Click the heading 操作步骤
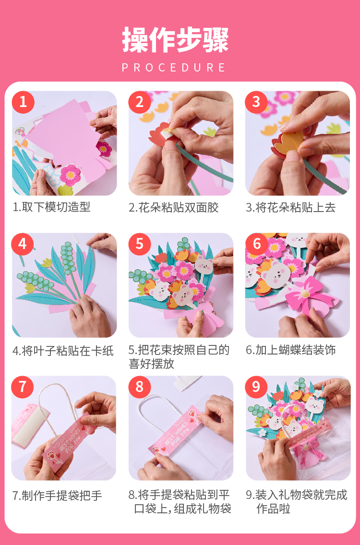[175, 40]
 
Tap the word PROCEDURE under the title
[174, 68]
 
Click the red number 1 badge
[23, 102]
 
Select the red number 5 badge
[140, 244]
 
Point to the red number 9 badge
[256, 387]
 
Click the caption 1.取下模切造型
[51, 207]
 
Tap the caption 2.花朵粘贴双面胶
[174, 208]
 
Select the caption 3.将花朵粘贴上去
[291, 208]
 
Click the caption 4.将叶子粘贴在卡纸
[63, 351]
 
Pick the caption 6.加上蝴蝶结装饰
[291, 350]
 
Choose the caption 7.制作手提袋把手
[58, 496]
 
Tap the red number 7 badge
[23, 387]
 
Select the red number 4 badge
[23, 244]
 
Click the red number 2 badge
[140, 102]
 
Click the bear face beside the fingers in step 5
[204, 265]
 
